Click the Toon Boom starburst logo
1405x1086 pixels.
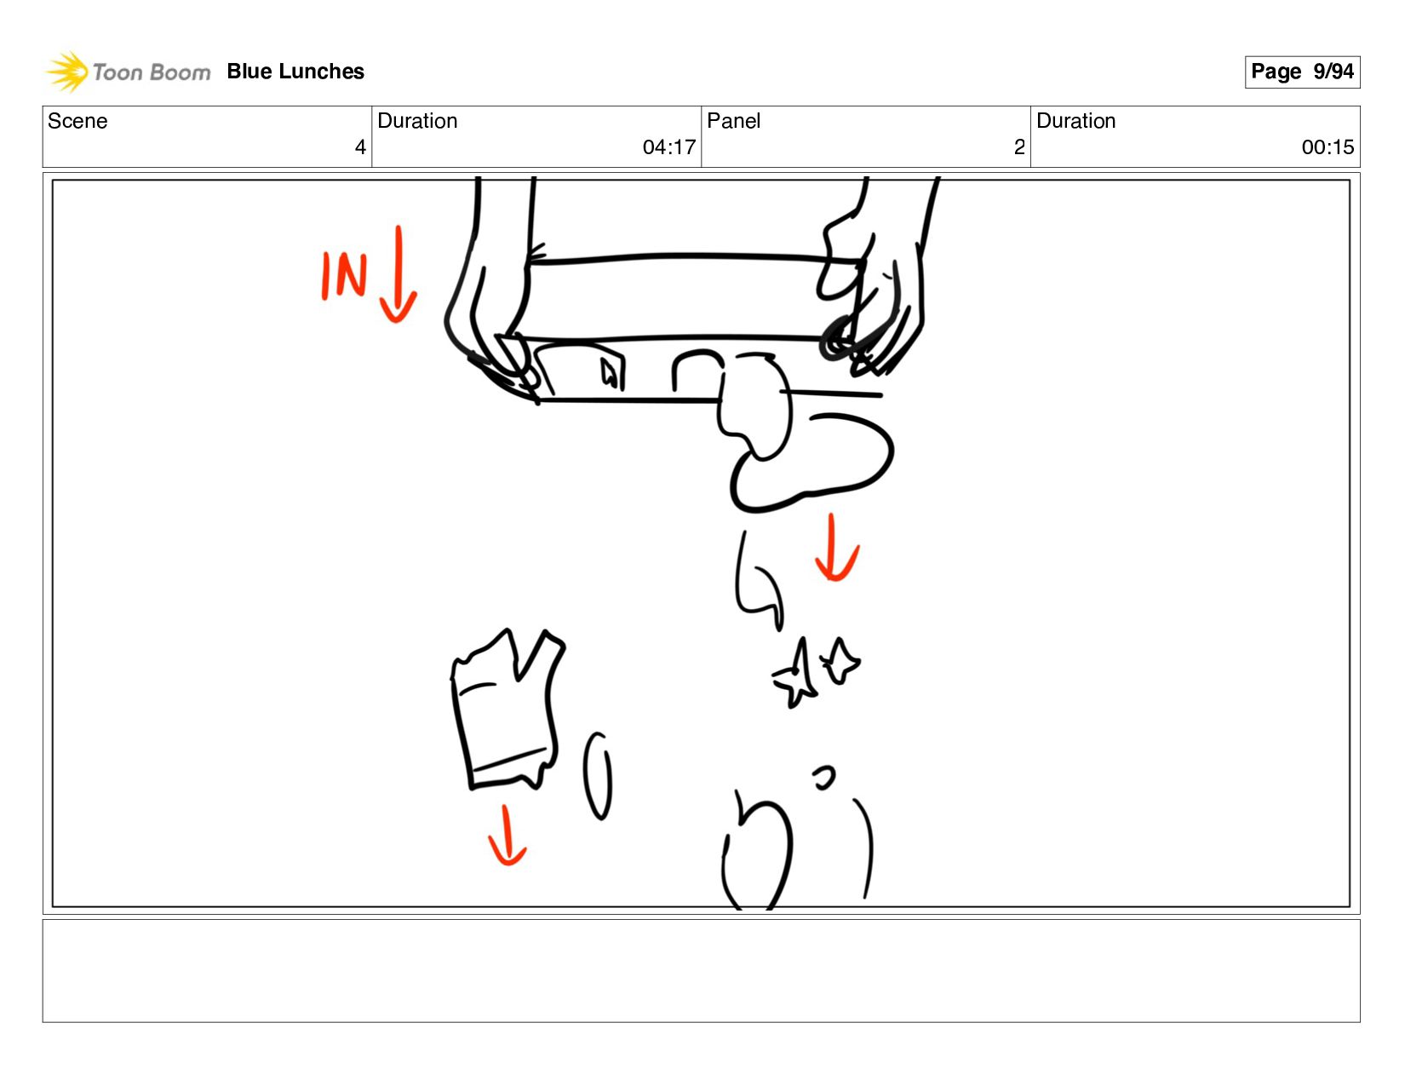(x=66, y=72)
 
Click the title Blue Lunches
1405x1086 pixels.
(x=295, y=72)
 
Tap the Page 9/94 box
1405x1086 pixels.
(x=1302, y=72)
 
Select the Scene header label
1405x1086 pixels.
(x=77, y=121)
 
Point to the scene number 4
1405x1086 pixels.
(x=360, y=147)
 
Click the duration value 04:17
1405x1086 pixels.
(x=668, y=147)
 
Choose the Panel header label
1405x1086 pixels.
(x=733, y=121)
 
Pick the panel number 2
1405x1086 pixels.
(x=1019, y=147)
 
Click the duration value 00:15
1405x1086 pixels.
(x=1328, y=147)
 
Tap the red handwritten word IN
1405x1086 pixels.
(x=345, y=275)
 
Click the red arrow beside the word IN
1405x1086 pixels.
(x=399, y=274)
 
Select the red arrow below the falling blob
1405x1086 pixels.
(x=835, y=548)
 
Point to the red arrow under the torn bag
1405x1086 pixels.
(x=507, y=835)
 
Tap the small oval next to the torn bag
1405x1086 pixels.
(x=597, y=776)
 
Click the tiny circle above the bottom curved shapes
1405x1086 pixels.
(x=824, y=778)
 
